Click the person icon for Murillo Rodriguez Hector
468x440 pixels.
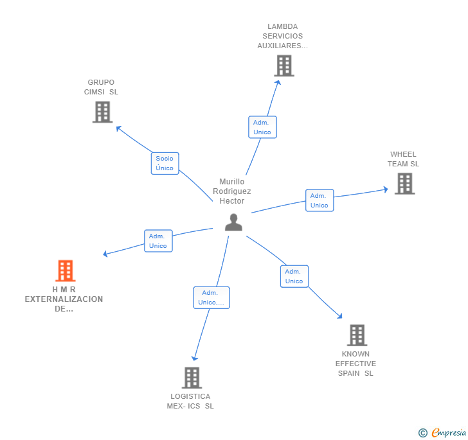pyautogui.click(x=233, y=222)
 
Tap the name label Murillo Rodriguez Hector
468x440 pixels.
pyautogui.click(x=232, y=191)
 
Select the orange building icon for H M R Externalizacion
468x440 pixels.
pyautogui.click(x=65, y=271)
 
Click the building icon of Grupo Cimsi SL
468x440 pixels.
pyautogui.click(x=102, y=112)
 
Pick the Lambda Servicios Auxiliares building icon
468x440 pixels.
pyautogui.click(x=283, y=66)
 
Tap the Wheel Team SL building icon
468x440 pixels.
pyautogui.click(x=404, y=184)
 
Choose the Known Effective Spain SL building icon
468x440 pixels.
pyautogui.click(x=357, y=335)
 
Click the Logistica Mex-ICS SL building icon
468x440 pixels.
pyautogui.click(x=192, y=378)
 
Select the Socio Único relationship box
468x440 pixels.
pyautogui.click(x=165, y=163)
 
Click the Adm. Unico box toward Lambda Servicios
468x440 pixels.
pyautogui.click(x=262, y=127)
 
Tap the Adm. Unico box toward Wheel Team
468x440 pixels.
pyautogui.click(x=319, y=200)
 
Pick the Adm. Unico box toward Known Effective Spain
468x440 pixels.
pyautogui.click(x=294, y=276)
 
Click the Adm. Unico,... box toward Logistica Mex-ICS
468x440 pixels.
pyautogui.click(x=211, y=297)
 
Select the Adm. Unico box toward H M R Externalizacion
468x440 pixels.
pyautogui.click(x=157, y=241)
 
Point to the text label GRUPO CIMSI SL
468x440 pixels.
pyautogui.click(x=102, y=87)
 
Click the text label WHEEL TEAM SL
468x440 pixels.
pyautogui.click(x=403, y=159)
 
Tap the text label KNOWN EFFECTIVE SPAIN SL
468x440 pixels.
pyautogui.click(x=355, y=364)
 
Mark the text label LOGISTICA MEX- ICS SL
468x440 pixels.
pyautogui.click(x=190, y=401)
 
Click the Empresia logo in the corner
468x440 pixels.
pyautogui.click(x=442, y=432)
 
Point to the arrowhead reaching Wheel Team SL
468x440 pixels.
pyautogui.click(x=386, y=189)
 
